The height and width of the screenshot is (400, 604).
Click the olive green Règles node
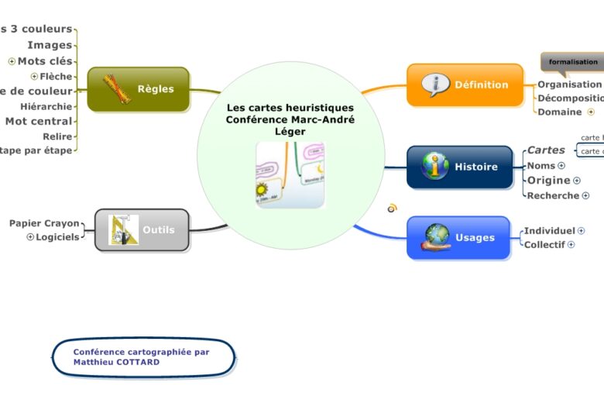click(139, 88)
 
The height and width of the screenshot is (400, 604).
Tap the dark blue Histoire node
click(460, 167)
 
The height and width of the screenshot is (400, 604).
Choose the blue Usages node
click(458, 237)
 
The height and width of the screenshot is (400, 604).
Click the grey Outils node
click(142, 229)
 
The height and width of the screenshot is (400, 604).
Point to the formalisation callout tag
click(573, 62)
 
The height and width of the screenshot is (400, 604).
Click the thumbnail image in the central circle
click(290, 174)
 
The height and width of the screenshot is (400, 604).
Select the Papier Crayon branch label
click(44, 223)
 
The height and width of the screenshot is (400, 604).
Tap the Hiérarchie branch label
click(46, 106)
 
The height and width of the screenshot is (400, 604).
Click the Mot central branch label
click(39, 121)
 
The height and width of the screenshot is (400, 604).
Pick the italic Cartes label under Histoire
click(546, 150)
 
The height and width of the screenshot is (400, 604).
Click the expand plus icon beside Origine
click(577, 181)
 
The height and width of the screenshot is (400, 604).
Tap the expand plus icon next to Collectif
click(571, 245)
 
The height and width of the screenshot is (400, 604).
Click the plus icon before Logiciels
click(31, 237)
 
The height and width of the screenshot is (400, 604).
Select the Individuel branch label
click(549, 230)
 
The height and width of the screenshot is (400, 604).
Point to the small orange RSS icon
click(393, 208)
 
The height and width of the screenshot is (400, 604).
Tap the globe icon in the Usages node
click(437, 236)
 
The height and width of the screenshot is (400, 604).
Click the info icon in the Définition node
click(435, 84)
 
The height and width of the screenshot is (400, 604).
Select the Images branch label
click(50, 45)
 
